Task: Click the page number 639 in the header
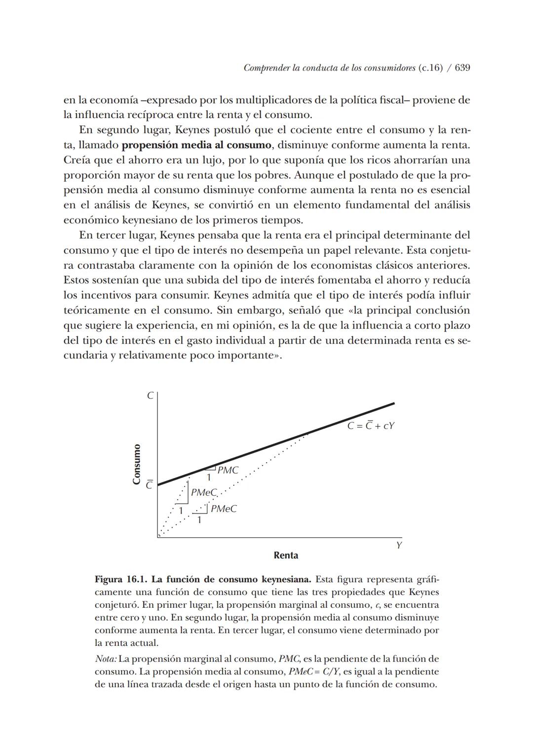point(462,68)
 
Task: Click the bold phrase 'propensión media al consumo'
point(196,145)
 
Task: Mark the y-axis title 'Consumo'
point(137,464)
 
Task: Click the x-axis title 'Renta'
point(286,555)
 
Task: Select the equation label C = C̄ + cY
point(371,426)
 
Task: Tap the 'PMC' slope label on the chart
point(228,471)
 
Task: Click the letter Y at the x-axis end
point(398,546)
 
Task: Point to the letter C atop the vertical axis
point(150,396)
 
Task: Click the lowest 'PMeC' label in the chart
point(224,509)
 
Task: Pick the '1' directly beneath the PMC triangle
point(209,477)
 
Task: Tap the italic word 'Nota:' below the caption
point(106,659)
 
